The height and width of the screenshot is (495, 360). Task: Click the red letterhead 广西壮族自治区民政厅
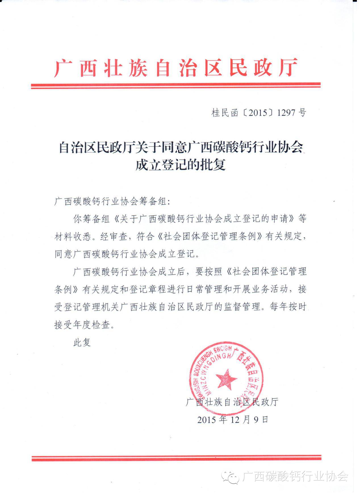click(176, 68)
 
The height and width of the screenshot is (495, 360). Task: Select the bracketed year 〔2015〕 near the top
click(258, 113)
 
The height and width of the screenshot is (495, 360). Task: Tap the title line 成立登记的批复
click(180, 165)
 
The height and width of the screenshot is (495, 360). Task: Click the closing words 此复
click(82, 342)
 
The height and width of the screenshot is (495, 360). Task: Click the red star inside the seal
click(226, 379)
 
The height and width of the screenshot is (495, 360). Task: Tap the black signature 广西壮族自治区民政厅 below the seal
click(232, 402)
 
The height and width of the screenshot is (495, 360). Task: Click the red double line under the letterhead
click(176, 85)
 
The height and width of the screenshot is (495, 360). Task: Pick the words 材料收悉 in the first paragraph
click(73, 237)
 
